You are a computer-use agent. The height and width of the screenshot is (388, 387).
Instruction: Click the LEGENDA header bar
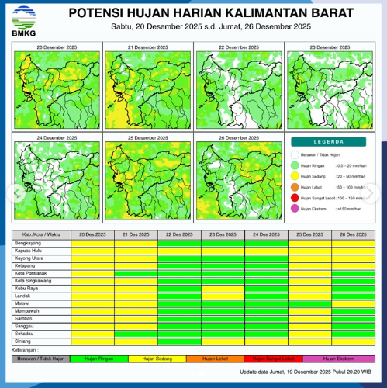tap(330, 142)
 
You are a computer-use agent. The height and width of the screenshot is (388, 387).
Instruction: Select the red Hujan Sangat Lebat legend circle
tap(295, 199)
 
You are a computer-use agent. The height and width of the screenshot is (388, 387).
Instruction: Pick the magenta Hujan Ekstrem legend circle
tap(295, 210)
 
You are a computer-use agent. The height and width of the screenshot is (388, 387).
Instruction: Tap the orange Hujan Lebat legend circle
tap(295, 188)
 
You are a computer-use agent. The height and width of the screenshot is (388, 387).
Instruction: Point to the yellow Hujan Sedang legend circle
tap(295, 176)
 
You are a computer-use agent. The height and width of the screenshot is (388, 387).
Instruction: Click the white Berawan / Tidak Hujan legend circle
tap(295, 156)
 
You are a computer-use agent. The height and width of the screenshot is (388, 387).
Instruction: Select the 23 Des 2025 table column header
tap(223, 234)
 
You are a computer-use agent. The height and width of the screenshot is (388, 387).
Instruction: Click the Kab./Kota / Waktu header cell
tap(41, 234)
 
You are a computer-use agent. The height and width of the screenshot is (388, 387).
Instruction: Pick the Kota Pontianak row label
tap(30, 272)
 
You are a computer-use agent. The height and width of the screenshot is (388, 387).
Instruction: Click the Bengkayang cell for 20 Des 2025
tap(92, 243)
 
